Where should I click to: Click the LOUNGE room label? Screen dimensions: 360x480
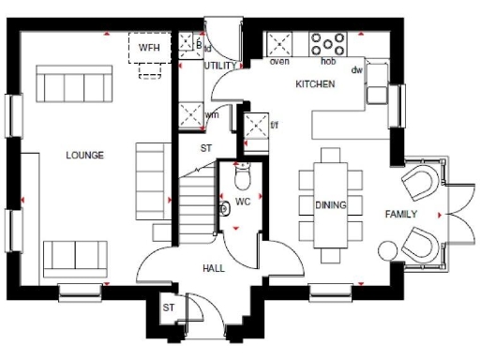click(x=84, y=155)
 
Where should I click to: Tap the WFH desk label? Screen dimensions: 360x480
click(x=149, y=47)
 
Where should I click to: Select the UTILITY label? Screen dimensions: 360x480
click(x=220, y=66)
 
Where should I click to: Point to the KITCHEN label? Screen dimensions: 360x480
click(x=314, y=84)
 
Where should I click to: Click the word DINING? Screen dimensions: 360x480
click(x=330, y=205)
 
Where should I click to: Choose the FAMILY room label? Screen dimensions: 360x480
click(x=401, y=215)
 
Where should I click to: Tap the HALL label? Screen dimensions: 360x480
click(x=214, y=268)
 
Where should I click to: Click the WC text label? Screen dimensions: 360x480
click(x=242, y=202)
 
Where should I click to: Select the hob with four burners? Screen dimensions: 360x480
click(x=328, y=44)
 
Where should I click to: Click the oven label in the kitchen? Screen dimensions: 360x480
click(x=279, y=62)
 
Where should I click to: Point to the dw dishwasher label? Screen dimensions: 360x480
click(x=356, y=70)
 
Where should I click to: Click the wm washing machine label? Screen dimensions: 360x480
click(x=212, y=115)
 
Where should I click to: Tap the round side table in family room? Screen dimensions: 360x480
click(x=386, y=248)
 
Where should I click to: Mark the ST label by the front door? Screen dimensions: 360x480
click(x=170, y=307)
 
